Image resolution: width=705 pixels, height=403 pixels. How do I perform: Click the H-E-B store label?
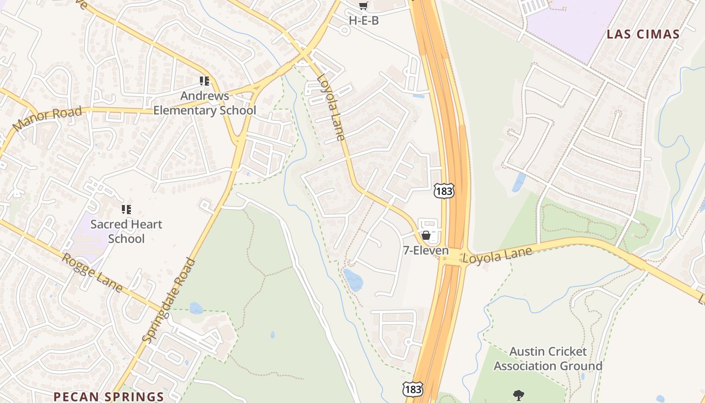pos(364,21)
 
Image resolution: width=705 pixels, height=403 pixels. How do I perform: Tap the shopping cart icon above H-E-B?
pos(364,6)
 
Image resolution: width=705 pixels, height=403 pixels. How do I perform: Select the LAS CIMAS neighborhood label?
pos(643,34)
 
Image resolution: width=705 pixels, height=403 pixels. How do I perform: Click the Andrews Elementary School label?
pos(204,103)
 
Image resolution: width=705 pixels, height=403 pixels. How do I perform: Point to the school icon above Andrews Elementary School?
pos(204,81)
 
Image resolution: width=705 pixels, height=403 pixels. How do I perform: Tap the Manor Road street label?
pos(47,119)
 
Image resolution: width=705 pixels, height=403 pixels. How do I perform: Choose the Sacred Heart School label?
pos(126,231)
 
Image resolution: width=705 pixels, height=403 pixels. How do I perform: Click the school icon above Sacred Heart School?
pos(126,209)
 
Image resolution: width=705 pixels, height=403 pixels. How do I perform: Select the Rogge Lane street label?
pos(92,273)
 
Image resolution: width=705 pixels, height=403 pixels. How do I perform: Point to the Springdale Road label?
pos(169,301)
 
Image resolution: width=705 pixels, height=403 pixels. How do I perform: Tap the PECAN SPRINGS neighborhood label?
pos(109,396)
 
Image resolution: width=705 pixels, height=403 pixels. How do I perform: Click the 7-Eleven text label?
pos(426,250)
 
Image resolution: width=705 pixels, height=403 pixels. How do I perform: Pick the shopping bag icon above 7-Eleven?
pos(426,235)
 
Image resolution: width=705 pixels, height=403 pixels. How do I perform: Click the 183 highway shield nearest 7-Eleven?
pos(444,190)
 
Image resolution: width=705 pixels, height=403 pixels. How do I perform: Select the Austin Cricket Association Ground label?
pos(548,358)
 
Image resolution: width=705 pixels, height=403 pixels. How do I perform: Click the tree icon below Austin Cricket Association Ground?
pos(518,395)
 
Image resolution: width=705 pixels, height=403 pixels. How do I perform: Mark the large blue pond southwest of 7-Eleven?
pos(353,280)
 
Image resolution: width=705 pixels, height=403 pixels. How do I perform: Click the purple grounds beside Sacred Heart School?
pos(86,237)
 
